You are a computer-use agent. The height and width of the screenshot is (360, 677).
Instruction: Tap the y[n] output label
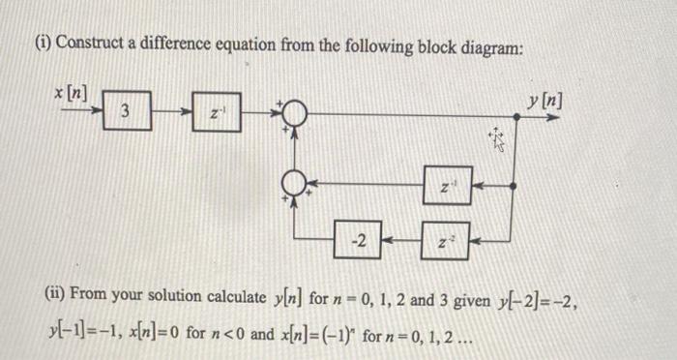[544, 100]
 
